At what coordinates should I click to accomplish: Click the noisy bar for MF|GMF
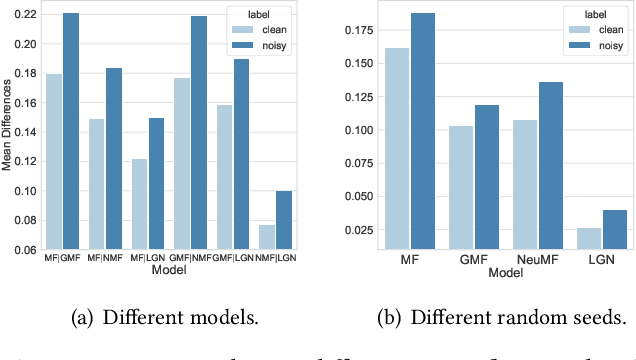coord(70,131)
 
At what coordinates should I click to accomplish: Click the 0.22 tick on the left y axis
coord(23,14)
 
